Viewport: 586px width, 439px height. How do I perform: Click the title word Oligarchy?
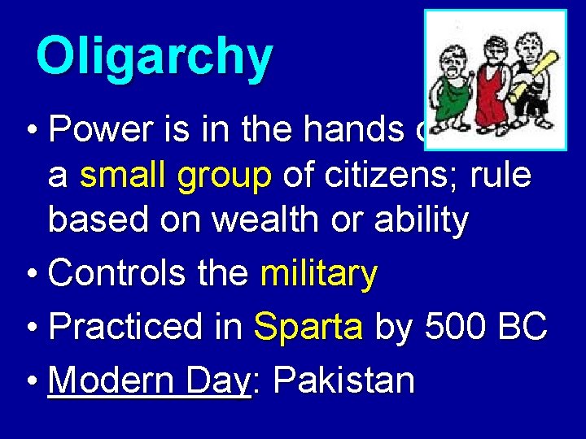click(155, 57)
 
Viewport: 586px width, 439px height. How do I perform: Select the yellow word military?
click(318, 276)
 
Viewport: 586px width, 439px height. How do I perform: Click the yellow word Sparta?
click(308, 328)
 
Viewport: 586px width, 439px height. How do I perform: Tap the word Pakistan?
click(344, 380)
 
